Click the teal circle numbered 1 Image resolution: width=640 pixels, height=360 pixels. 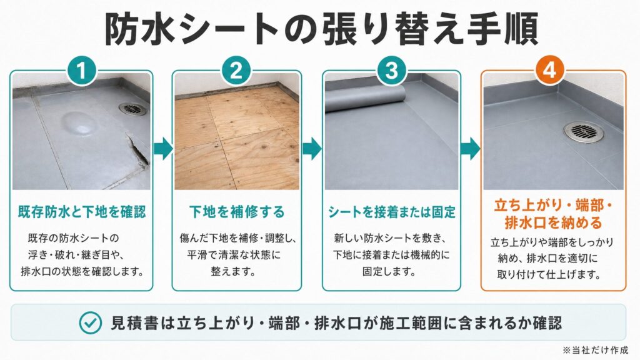[x=82, y=70]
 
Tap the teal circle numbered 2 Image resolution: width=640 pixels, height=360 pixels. [x=236, y=70]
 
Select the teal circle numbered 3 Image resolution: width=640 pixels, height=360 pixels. [x=391, y=70]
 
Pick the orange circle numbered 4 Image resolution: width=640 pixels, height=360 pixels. [x=550, y=70]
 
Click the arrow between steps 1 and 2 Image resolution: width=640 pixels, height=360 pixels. [x=163, y=149]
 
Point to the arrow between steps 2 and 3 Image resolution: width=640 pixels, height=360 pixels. [x=312, y=149]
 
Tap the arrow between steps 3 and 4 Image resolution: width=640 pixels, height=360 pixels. [x=471, y=149]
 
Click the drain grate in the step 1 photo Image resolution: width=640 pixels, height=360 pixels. [x=132, y=109]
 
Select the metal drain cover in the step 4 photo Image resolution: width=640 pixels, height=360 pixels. [x=584, y=131]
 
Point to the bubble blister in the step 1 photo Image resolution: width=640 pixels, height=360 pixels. [x=80, y=123]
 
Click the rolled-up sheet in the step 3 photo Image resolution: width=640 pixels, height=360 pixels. [x=365, y=99]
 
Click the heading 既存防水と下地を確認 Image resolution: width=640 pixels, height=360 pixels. [x=82, y=212]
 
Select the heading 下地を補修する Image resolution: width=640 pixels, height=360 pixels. [x=237, y=212]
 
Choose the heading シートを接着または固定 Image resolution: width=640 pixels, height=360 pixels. [x=391, y=212]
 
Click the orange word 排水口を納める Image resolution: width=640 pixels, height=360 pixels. [x=554, y=223]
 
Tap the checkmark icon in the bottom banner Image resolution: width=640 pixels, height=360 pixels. [x=90, y=323]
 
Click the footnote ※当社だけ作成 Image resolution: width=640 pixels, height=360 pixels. [x=595, y=350]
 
